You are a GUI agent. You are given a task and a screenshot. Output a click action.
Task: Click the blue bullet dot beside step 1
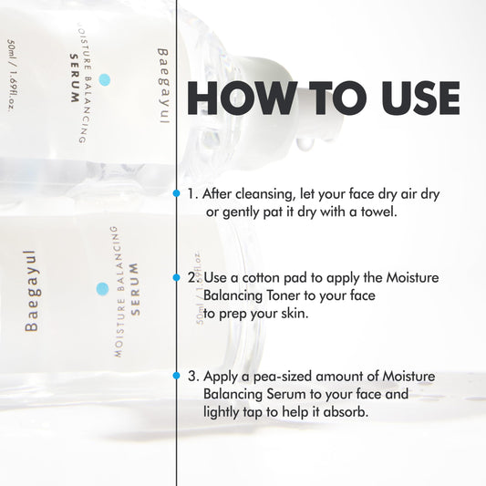pos(177,193)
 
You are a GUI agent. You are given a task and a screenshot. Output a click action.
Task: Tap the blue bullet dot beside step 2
pos(177,275)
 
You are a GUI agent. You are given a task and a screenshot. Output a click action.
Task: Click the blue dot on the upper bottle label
pos(105,80)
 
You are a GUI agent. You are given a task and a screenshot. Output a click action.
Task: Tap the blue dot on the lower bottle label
pos(102,288)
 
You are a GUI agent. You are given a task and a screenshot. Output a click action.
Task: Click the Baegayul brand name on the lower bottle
pos(32,288)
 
